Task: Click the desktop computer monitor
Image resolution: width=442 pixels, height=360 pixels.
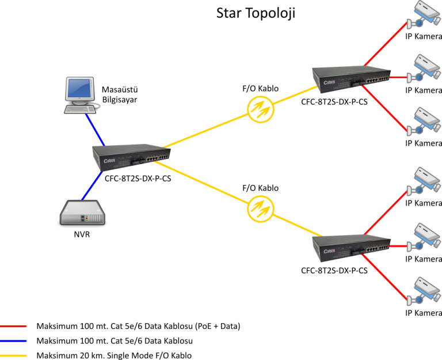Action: tap(79, 88)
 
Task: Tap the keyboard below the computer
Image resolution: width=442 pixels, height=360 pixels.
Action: tap(80, 108)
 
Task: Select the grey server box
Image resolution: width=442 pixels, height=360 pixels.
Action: tap(83, 213)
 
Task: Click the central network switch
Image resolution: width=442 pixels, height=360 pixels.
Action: tap(131, 157)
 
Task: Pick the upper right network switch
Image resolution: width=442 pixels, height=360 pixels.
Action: tap(350, 79)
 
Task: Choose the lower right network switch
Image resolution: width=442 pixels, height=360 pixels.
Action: tap(350, 248)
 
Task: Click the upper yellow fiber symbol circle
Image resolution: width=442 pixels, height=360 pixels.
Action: tap(261, 108)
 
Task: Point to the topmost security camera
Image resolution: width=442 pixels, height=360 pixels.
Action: tap(424, 14)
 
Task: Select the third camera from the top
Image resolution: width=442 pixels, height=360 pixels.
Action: tap(424, 120)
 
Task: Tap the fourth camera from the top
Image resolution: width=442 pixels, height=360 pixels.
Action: tap(424, 180)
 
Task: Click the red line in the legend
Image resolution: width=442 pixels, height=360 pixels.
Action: tap(13, 326)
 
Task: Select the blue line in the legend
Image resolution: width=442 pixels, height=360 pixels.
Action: tap(13, 341)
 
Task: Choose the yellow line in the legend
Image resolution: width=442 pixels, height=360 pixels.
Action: tap(13, 355)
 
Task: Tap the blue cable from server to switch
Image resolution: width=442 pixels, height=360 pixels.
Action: tap(93, 185)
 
